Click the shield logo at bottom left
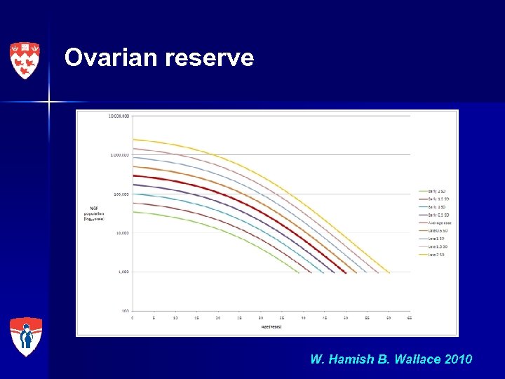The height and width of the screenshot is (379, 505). coord(26,336)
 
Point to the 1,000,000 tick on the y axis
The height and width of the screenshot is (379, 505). coord(119,154)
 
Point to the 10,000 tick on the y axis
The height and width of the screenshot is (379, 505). coord(122,232)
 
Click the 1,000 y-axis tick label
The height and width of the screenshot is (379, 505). coord(123,272)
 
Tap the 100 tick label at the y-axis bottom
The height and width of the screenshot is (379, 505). coord(125,310)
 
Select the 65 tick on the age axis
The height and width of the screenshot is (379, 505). coord(410,317)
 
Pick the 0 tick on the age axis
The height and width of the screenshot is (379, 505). coord(133,317)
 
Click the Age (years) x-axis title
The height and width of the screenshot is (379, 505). coord(271,326)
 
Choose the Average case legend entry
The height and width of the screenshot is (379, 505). coord(434,222)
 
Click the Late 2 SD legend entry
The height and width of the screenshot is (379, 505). coord(433,254)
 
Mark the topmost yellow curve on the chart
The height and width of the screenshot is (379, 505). coord(210,154)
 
